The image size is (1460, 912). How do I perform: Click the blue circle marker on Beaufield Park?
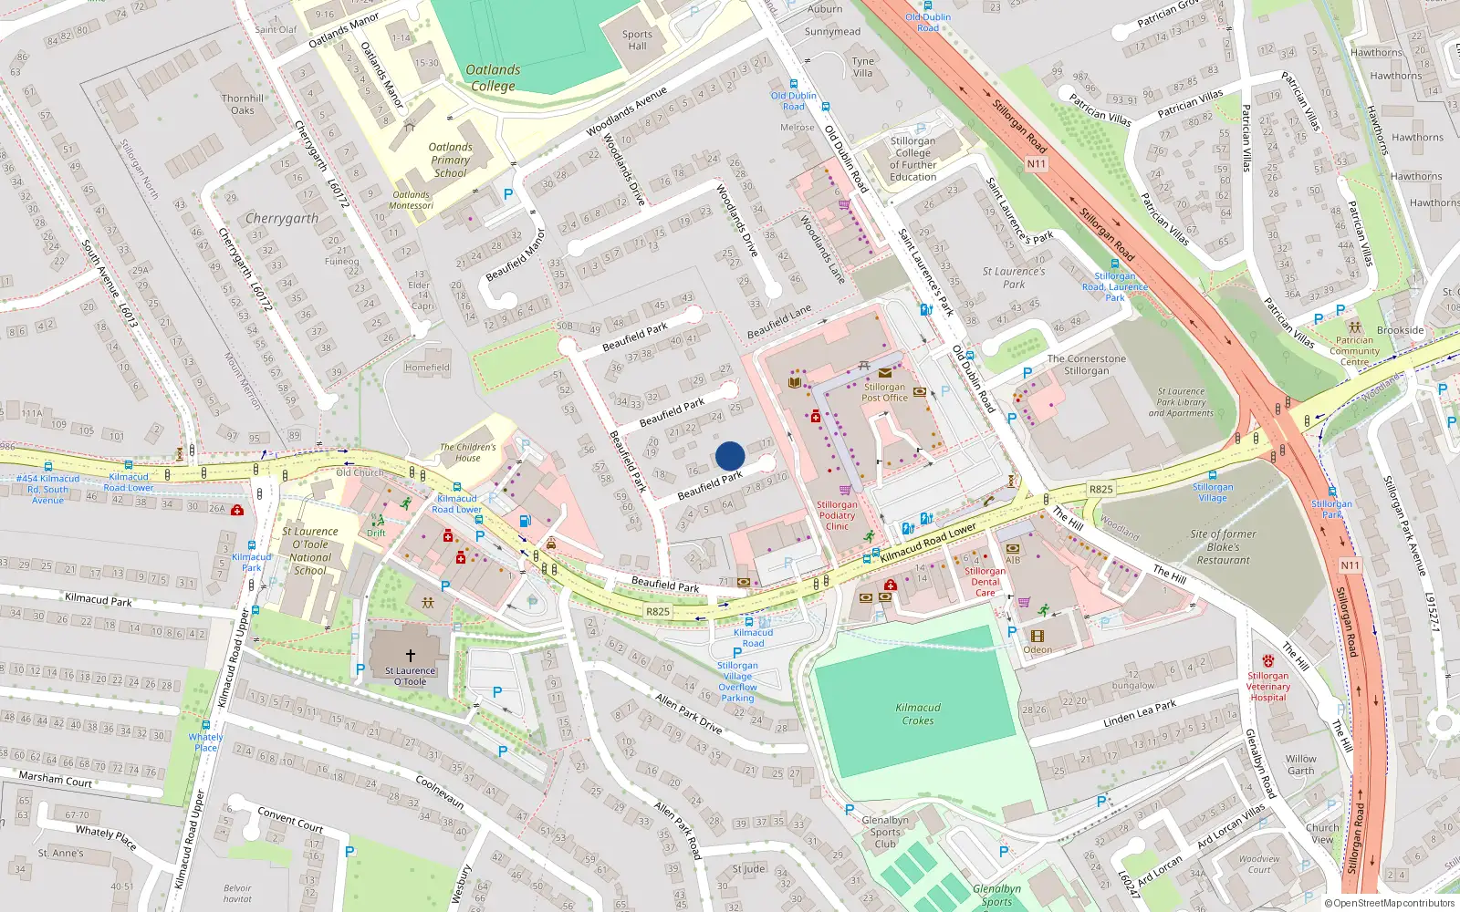click(x=730, y=456)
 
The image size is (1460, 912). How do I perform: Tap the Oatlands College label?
click(x=493, y=78)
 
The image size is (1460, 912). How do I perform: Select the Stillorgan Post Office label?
click(x=884, y=392)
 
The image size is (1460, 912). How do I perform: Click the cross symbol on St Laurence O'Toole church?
click(x=411, y=655)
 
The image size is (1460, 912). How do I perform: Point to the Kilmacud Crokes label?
click(x=918, y=714)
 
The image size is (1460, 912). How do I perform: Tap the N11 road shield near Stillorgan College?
click(x=1036, y=164)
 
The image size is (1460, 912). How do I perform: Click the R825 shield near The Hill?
click(x=1100, y=489)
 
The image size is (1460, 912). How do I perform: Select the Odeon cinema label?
click(x=1038, y=649)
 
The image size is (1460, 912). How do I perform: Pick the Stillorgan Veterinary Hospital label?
click(x=1268, y=687)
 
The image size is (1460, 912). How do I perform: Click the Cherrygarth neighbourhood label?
click(x=282, y=219)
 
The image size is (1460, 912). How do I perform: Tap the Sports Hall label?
click(x=637, y=40)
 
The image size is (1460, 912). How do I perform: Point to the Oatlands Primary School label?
click(x=451, y=160)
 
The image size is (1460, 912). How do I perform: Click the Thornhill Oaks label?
click(x=243, y=104)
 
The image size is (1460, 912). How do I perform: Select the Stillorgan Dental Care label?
click(x=985, y=582)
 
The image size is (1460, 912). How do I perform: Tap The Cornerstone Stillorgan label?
click(x=1086, y=365)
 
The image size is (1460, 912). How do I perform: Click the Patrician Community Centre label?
click(x=1354, y=351)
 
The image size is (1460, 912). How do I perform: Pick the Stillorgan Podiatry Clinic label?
click(x=837, y=515)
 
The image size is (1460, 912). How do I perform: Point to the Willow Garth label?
click(x=1301, y=764)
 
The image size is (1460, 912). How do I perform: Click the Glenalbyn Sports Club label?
click(x=885, y=832)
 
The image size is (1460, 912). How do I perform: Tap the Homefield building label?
click(x=427, y=368)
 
